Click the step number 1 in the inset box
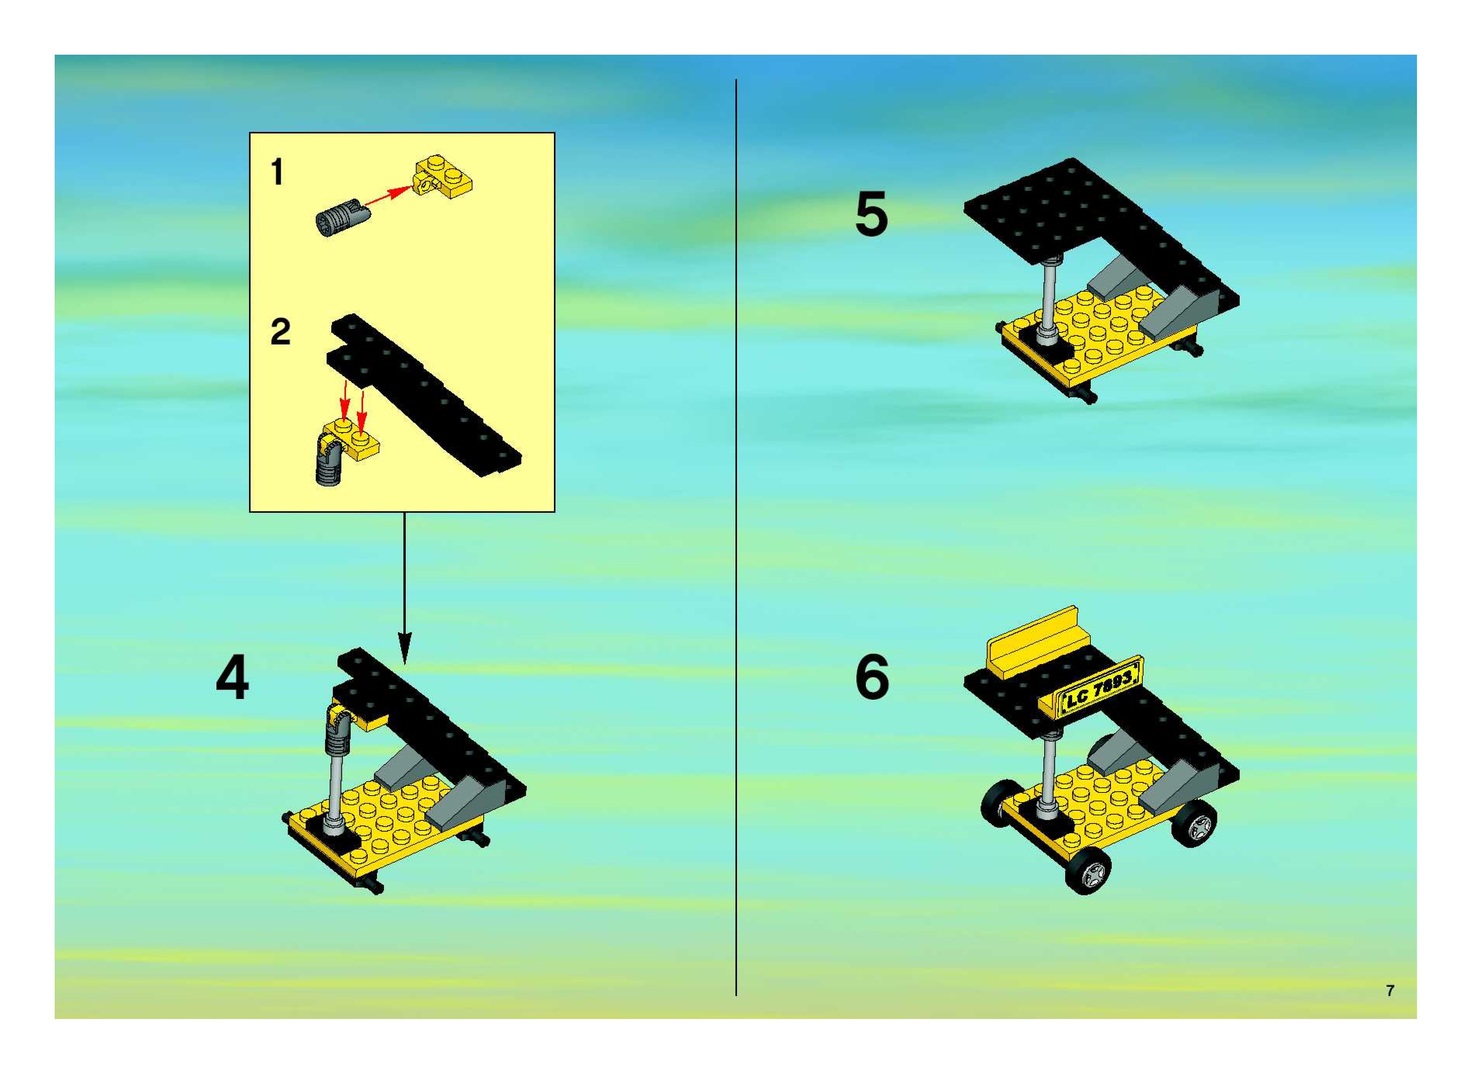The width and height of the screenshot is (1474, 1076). (x=277, y=172)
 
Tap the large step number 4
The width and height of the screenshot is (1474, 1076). (x=232, y=677)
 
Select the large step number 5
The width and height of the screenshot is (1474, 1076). (x=872, y=214)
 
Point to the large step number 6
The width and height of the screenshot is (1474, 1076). (x=872, y=677)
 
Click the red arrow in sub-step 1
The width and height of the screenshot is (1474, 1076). (x=388, y=196)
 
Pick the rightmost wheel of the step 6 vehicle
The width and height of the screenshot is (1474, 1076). (x=1193, y=823)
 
